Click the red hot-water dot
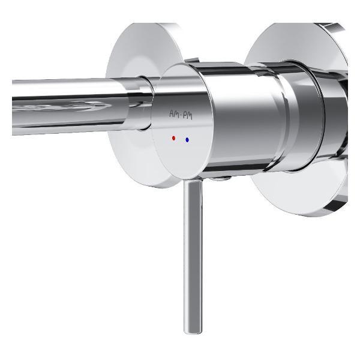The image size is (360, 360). click(173, 138)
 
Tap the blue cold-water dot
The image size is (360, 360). click(187, 140)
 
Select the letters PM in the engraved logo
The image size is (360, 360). click(187, 116)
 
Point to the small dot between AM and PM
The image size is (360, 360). click(180, 115)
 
